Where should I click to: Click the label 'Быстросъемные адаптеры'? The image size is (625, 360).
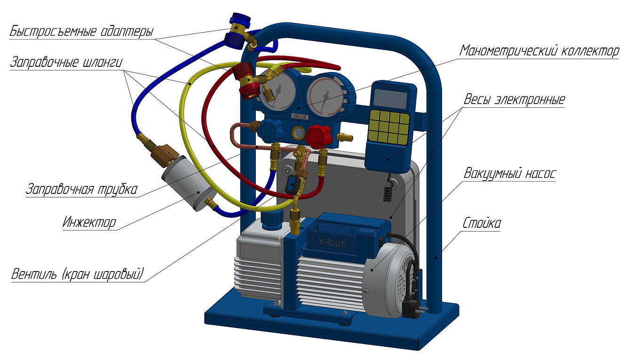pos(82,31)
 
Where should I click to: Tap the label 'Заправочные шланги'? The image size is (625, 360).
pos(66,62)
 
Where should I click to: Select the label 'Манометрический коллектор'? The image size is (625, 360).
pos(539,51)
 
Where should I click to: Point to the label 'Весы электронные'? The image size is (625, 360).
pos(514,99)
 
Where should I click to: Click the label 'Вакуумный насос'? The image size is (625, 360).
pos(510,174)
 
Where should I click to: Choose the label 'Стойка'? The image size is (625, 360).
pos(482,223)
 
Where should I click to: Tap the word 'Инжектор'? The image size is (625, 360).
pos(89,223)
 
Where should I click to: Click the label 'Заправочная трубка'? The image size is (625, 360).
pos(82,189)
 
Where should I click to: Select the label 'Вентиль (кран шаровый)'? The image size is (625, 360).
pos(78,274)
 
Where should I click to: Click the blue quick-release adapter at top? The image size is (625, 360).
pos(238,31)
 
